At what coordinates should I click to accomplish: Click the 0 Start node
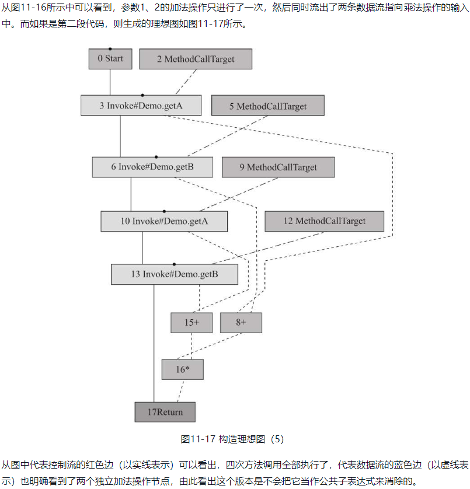[x=110, y=58]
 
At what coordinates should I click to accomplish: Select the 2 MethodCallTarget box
[x=195, y=59]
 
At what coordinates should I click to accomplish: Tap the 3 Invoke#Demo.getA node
[x=141, y=106]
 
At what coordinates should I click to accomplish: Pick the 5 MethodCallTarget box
[x=267, y=106]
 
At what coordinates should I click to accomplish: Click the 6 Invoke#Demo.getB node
[x=152, y=167]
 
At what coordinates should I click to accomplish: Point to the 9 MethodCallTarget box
[x=278, y=167]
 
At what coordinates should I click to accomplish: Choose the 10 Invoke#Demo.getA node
[x=164, y=221]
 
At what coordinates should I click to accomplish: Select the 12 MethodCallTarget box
[x=324, y=221]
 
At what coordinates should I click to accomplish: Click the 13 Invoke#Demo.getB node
[x=174, y=274]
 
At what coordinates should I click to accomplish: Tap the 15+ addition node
[x=192, y=323]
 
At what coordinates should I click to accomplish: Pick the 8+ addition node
[x=241, y=323]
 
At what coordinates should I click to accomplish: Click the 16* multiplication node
[x=183, y=369]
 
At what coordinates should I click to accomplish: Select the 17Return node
[x=165, y=412]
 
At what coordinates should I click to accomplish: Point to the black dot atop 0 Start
[x=110, y=48]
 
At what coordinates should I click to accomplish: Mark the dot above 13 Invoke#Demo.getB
[x=174, y=264]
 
